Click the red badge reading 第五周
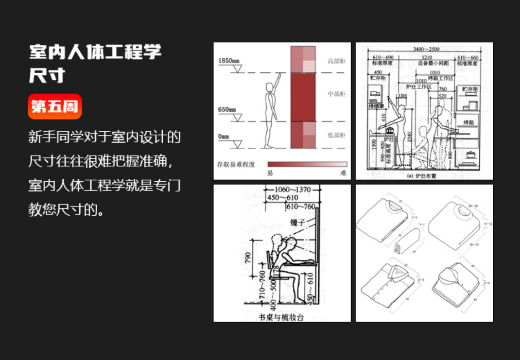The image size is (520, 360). coord(55,107)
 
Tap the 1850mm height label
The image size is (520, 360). coord(227,61)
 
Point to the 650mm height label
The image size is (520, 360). coord(227,110)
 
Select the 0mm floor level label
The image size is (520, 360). coord(224,136)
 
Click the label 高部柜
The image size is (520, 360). coord(336,61)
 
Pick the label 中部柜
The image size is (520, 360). coord(336,94)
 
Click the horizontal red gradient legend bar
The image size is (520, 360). coord(307,164)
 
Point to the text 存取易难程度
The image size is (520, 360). coord(236,164)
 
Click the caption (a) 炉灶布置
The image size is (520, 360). coord(422,176)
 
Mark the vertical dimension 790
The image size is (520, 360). coord(248,258)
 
